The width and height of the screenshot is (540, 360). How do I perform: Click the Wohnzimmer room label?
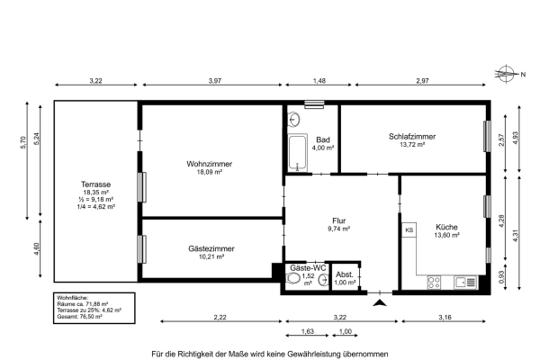[210, 164]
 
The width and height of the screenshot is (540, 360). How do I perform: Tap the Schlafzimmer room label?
[412, 137]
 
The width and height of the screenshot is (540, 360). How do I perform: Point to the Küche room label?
[446, 227]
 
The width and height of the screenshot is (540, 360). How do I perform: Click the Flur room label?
[339, 220]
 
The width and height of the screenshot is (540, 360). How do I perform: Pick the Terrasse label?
[94, 184]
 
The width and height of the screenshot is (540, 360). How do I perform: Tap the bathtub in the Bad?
[298, 154]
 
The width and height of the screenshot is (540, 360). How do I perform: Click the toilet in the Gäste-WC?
[293, 280]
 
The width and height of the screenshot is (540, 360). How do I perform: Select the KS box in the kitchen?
[409, 231]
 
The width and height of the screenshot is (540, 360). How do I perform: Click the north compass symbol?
[509, 75]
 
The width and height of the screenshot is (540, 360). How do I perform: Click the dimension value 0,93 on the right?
[501, 277]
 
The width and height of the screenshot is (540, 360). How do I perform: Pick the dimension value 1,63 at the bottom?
[308, 331]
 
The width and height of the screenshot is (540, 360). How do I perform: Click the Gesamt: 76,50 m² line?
[79, 317]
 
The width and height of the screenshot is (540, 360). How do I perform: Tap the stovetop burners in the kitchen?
[433, 281]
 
